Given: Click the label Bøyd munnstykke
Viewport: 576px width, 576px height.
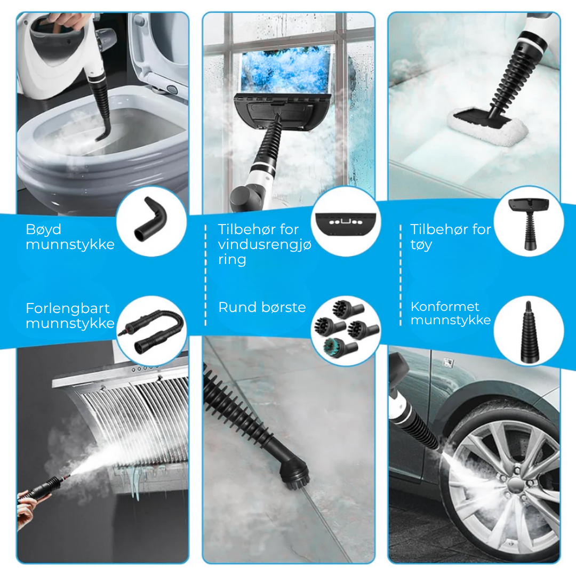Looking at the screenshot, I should tap(70, 237).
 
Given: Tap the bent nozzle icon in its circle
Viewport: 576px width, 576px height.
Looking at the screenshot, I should tap(151, 225).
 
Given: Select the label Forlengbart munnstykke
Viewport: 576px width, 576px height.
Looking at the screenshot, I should tap(70, 316).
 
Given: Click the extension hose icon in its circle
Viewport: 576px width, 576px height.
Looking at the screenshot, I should tap(151, 331).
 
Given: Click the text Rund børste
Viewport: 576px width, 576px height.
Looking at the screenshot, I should tap(262, 307).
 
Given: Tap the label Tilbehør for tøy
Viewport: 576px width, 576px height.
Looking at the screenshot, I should tap(451, 237).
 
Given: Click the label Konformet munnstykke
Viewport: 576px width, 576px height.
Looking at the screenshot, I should tap(451, 314).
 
